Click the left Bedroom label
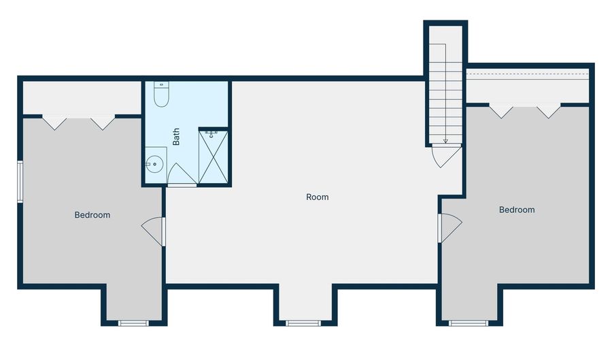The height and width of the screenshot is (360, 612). [x=92, y=215]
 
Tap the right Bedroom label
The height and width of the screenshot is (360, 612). [x=517, y=210]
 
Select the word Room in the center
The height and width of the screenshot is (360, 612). [x=317, y=197]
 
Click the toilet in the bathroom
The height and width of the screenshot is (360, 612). [x=161, y=95]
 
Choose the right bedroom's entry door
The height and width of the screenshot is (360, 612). [x=449, y=227]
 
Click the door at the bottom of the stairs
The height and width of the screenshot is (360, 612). [x=445, y=155]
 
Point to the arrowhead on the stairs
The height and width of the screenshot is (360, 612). [x=445, y=142]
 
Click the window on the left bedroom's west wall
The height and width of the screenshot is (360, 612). [x=20, y=181]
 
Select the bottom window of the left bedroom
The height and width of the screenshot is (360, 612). [x=133, y=323]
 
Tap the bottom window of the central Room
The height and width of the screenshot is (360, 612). [x=303, y=323]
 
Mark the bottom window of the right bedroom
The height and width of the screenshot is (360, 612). [x=469, y=323]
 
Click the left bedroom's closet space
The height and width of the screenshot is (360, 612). [x=80, y=99]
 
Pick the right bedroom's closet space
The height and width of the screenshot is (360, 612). [x=527, y=87]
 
